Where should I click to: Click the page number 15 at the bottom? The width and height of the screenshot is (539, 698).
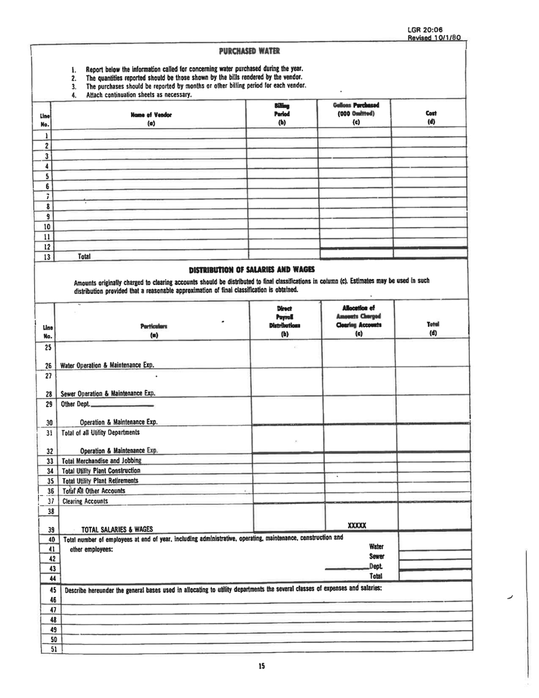[x=262, y=666]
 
